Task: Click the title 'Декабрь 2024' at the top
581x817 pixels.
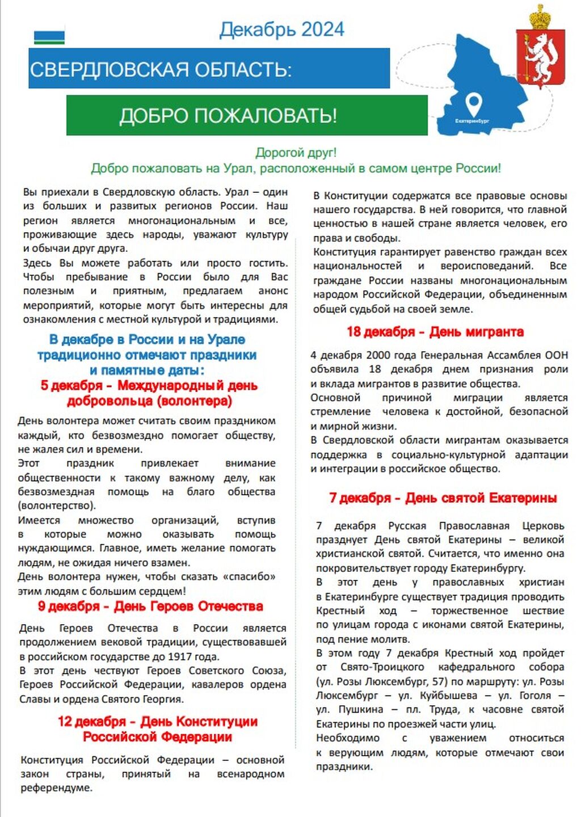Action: [281, 30]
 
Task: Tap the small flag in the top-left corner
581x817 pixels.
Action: [49, 37]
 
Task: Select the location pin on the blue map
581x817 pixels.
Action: [473, 104]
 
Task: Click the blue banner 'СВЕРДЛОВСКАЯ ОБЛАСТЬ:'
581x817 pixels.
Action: [209, 69]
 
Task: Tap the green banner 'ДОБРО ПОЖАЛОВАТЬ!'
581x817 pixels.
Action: [246, 116]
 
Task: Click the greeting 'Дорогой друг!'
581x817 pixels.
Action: [296, 153]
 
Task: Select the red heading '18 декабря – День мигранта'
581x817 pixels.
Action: [435, 332]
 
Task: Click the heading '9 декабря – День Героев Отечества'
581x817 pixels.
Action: [150, 607]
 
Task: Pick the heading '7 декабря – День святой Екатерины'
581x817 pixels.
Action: [443, 498]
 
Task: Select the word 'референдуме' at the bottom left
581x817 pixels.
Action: [56, 788]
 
